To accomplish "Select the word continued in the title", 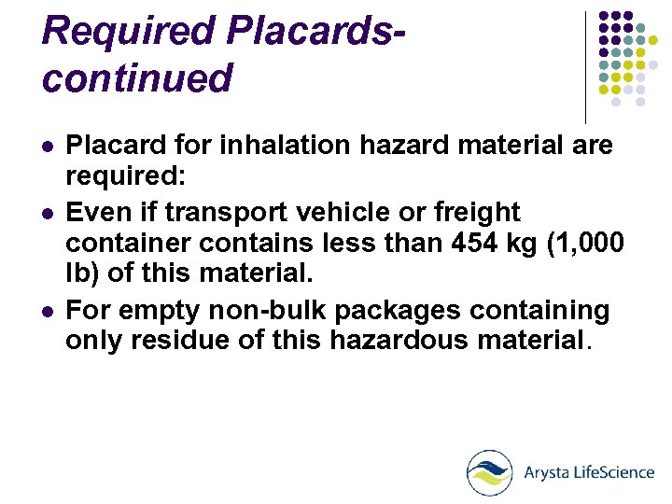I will [x=137, y=77].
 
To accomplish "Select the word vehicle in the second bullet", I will [x=328, y=212].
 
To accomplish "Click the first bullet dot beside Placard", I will [x=48, y=147].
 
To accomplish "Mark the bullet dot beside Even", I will [x=48, y=212].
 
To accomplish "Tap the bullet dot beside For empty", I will [x=48, y=310].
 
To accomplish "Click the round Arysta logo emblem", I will [x=490, y=472].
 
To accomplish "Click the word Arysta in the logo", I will [x=546, y=472].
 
